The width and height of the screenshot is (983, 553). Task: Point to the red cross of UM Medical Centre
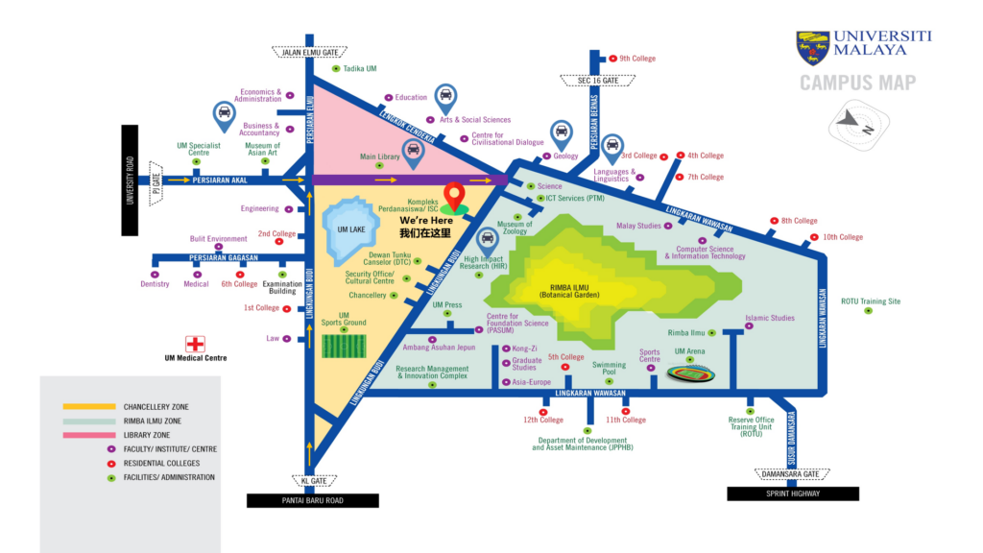pyautogui.click(x=196, y=344)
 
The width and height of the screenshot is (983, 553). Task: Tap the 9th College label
pyautogui.click(x=637, y=59)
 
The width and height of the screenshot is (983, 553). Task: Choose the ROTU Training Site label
pyautogui.click(x=871, y=301)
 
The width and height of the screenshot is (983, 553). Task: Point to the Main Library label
pyautogui.click(x=380, y=156)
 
